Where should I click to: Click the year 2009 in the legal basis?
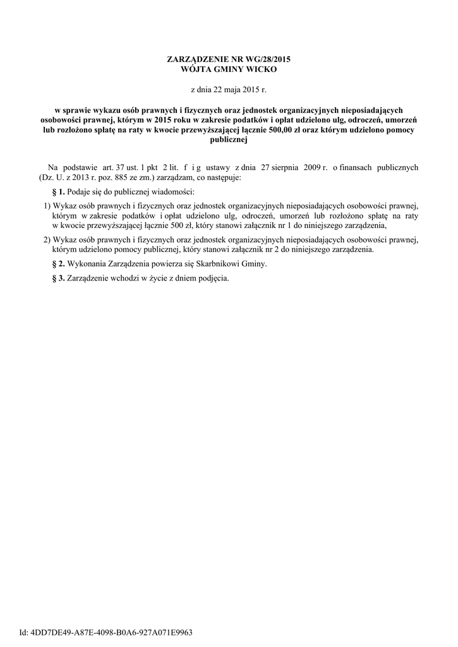[320, 168]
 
